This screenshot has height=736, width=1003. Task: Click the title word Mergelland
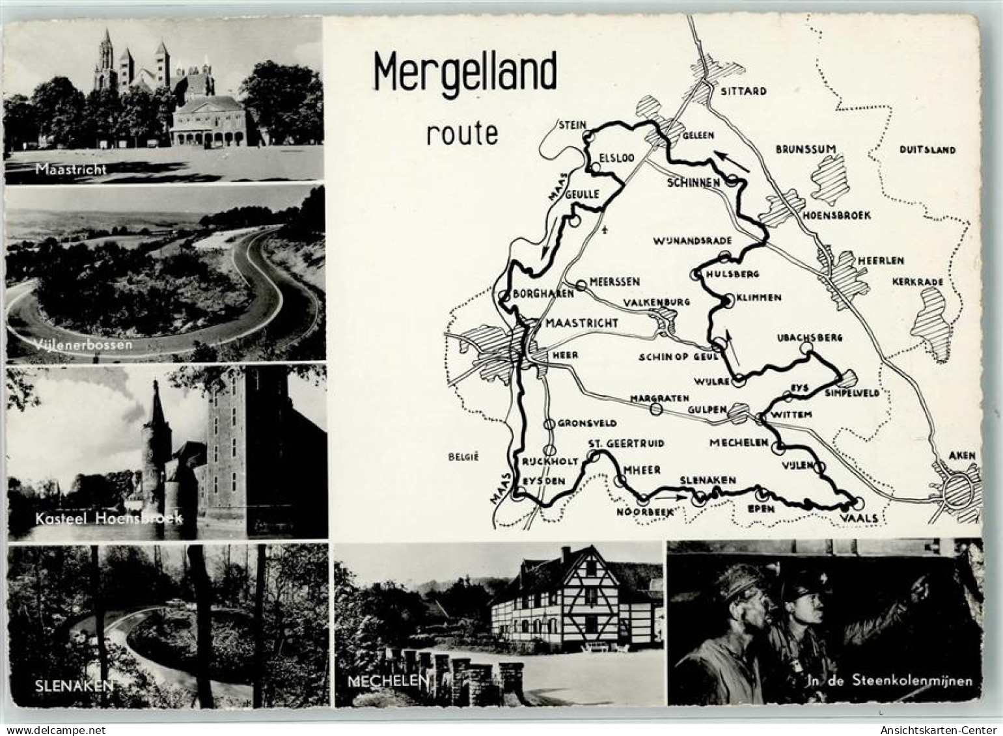[x=465, y=72]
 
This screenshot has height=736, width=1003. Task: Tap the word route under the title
[x=462, y=133]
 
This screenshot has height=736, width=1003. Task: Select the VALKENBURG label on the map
[x=656, y=303]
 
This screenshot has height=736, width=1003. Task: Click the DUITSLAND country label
[x=927, y=150]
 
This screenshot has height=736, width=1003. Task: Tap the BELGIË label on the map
[x=463, y=457]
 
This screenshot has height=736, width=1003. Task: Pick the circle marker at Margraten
[x=656, y=409]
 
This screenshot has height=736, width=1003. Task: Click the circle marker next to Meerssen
[x=581, y=285]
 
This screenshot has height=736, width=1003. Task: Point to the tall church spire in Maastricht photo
[x=104, y=55]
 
